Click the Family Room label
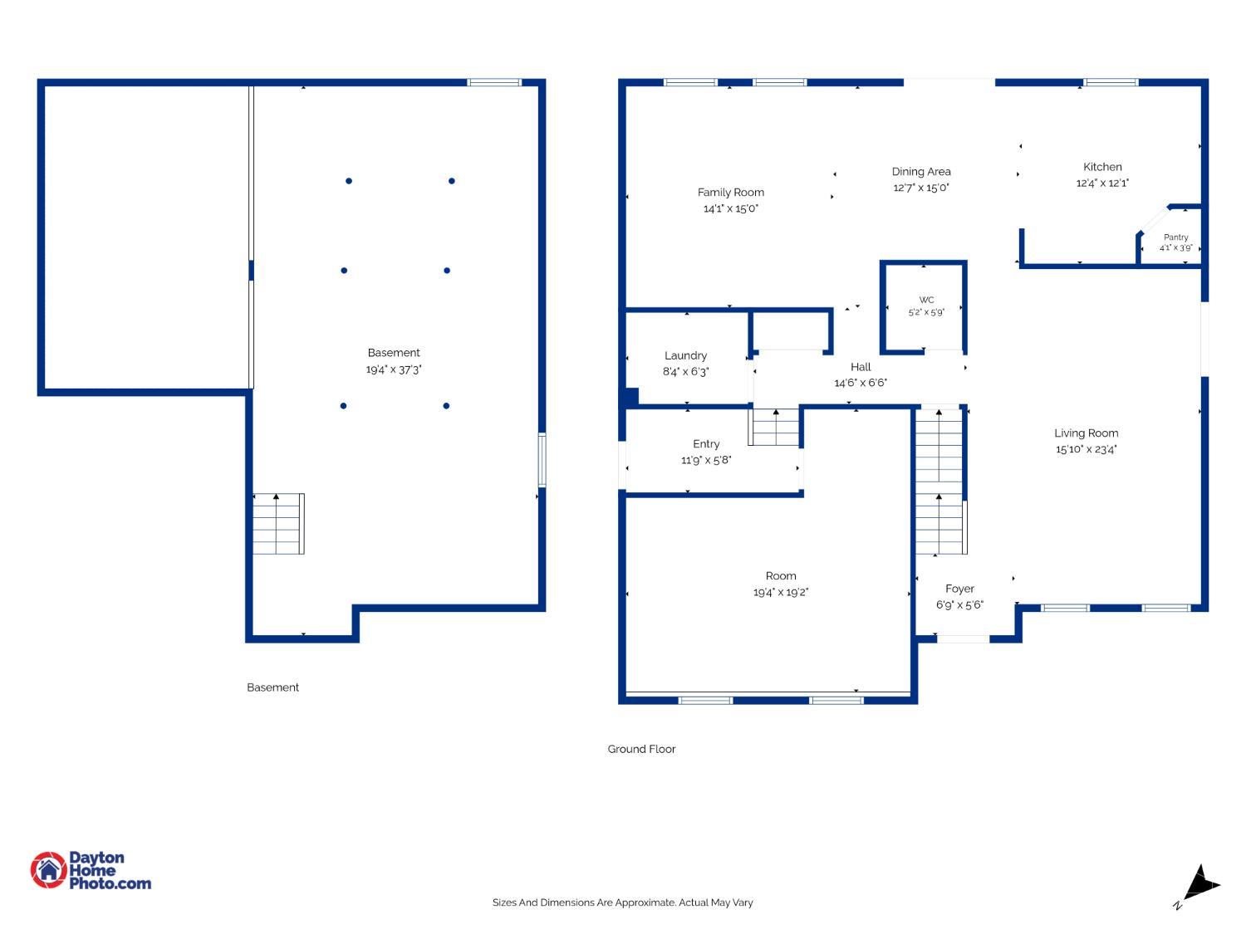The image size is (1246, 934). (x=730, y=193)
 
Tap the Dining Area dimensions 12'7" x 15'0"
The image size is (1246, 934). (x=920, y=187)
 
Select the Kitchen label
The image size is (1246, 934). (x=1101, y=167)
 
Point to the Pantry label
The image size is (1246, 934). (x=1175, y=237)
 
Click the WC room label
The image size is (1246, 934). (x=926, y=300)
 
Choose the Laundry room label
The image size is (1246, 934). (x=685, y=355)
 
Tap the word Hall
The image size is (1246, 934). (x=860, y=367)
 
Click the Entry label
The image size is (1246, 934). (x=705, y=444)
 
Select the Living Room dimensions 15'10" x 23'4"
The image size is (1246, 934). (x=1086, y=449)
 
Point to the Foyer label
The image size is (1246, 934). (x=959, y=589)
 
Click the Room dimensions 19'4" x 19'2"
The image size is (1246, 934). (x=781, y=592)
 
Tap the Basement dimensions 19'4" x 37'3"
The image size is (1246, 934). (x=394, y=369)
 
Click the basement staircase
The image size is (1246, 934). (x=278, y=523)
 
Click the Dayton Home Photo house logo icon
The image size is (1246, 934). (x=48, y=869)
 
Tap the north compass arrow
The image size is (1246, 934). (x=1200, y=886)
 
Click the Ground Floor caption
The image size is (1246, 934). (x=641, y=749)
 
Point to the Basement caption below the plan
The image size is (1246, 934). (x=272, y=687)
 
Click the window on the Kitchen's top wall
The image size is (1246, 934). (x=1110, y=82)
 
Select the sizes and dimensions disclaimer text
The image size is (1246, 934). (x=622, y=902)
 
